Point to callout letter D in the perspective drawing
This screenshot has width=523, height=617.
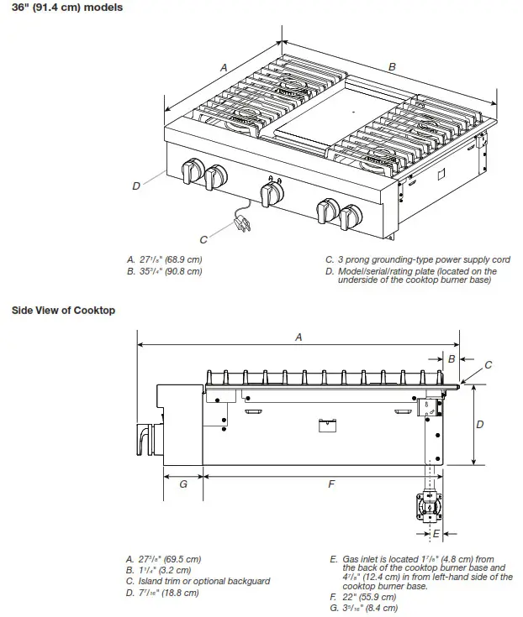pyautogui.click(x=136, y=186)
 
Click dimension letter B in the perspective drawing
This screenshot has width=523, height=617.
pyautogui.click(x=392, y=66)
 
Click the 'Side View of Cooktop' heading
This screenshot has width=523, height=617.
pyautogui.click(x=63, y=311)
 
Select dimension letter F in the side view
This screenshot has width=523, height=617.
pyautogui.click(x=331, y=484)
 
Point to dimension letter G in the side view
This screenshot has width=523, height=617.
pyautogui.click(x=182, y=484)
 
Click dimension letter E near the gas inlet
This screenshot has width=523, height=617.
pyautogui.click(x=436, y=533)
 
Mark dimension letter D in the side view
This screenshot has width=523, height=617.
pyautogui.click(x=480, y=425)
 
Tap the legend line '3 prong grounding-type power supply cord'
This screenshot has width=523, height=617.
pyautogui.click(x=417, y=260)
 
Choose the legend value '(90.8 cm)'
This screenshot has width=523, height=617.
pyautogui.click(x=182, y=271)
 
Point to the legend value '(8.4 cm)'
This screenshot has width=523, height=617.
pyautogui.click(x=378, y=608)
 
